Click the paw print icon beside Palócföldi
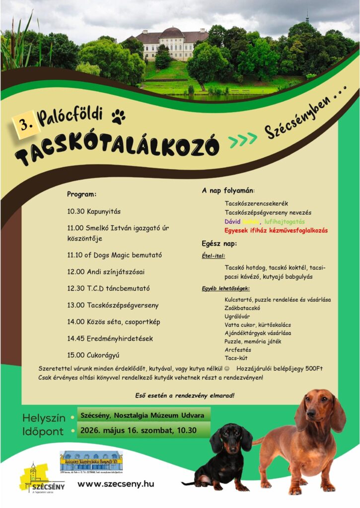click(118, 117)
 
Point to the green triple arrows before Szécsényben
click(243, 141)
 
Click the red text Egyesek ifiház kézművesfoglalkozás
click(276, 230)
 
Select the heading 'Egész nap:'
click(219, 244)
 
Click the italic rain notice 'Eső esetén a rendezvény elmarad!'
click(185, 395)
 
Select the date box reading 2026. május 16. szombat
click(138, 430)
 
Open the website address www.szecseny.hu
click(116, 484)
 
